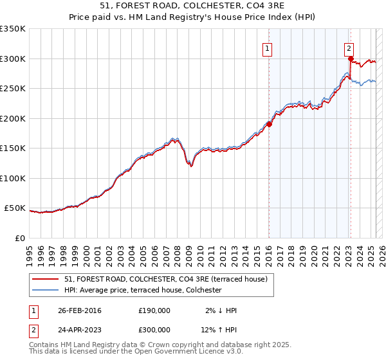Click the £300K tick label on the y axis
tap(12, 59)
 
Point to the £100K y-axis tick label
tap(12, 178)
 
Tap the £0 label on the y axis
tap(20, 238)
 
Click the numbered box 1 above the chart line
tap(267, 48)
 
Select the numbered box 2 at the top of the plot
tap(348, 48)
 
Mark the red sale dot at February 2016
tap(269, 125)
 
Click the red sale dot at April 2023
tap(351, 59)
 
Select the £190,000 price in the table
tap(154, 310)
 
